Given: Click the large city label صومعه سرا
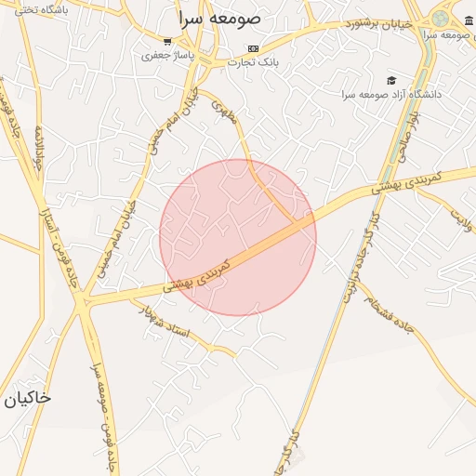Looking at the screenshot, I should (x=220, y=19).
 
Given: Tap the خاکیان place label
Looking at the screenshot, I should (x=26, y=398).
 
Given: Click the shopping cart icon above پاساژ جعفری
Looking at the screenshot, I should (x=167, y=41).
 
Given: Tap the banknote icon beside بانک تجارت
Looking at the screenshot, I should (x=253, y=48).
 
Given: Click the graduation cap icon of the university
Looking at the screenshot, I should (x=391, y=81).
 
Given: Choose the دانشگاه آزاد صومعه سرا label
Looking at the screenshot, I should (x=390, y=95).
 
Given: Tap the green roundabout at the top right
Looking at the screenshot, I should (x=440, y=19).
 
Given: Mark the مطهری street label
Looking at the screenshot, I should (x=226, y=112).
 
